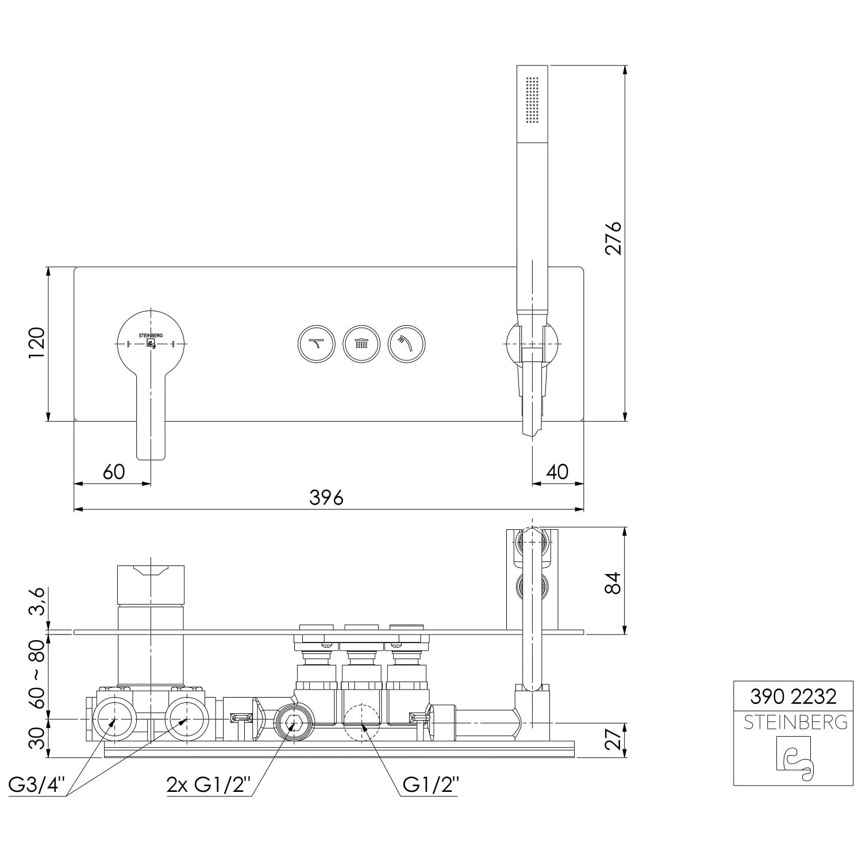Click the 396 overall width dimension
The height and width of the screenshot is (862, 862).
326,497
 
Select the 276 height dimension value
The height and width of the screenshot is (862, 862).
614,238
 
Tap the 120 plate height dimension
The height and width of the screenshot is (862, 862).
37,344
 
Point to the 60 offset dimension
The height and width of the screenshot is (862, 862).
113,472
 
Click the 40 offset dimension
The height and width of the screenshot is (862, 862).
557,472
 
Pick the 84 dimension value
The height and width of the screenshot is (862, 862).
614,583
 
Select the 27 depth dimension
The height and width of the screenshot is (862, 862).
614,739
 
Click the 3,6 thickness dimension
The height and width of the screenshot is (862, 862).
37,602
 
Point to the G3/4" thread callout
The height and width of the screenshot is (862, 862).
38,784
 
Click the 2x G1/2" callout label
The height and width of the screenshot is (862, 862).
209,784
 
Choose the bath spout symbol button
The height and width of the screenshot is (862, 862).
316,345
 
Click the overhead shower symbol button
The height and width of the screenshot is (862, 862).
361,345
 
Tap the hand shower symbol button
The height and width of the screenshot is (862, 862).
406,345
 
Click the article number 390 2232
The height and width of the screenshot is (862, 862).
793,697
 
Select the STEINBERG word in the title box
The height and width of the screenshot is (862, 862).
795,722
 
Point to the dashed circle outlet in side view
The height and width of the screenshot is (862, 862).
361,722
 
